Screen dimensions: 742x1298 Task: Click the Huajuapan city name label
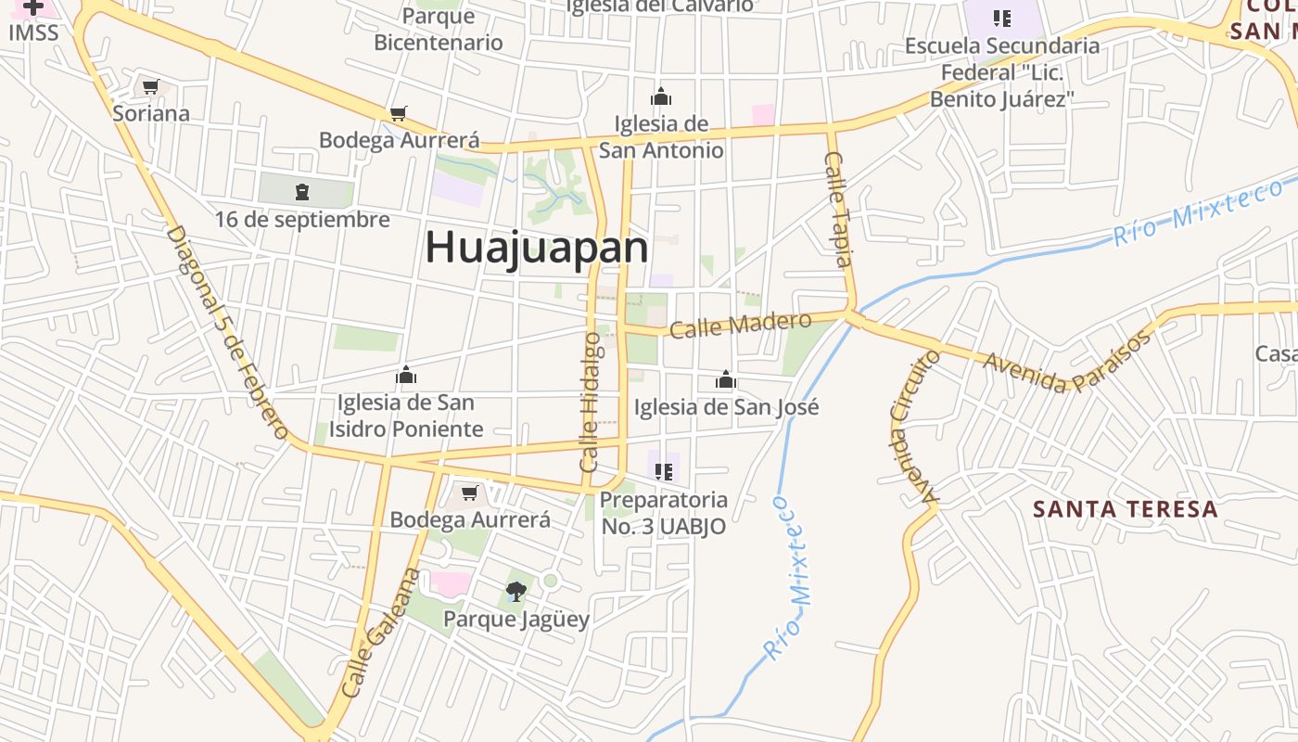[536, 248]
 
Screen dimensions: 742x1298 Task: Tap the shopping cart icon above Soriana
[150, 87]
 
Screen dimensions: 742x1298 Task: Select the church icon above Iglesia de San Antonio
[660, 96]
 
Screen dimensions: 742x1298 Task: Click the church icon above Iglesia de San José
[726, 379]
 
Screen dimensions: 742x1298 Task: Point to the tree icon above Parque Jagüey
[515, 591]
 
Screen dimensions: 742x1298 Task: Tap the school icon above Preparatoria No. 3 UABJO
[663, 472]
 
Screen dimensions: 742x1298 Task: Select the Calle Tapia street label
[837, 210]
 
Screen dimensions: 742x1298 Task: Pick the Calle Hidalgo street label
[591, 402]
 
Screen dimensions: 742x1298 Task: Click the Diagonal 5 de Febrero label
[228, 332]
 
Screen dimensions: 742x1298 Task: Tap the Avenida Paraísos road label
[1067, 362]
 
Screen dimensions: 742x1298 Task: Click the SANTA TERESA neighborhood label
[1125, 509]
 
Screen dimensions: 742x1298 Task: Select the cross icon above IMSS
[33, 7]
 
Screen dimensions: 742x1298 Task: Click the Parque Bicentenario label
[439, 29]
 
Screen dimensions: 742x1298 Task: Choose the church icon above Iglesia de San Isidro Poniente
[405, 376]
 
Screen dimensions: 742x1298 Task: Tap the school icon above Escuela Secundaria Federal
[1001, 19]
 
